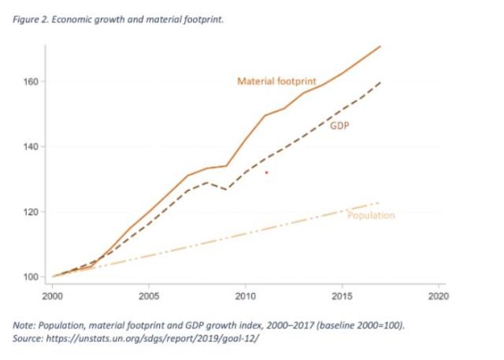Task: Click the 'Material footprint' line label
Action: coord(276,81)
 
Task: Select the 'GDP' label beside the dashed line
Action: coord(339,125)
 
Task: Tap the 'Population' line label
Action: coord(371,215)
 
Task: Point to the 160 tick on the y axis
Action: coord(31,82)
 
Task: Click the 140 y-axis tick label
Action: coord(31,147)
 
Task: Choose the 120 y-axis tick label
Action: coord(31,212)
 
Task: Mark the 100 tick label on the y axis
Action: coord(31,276)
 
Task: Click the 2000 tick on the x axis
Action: coord(53,295)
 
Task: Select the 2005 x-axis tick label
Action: coord(149,295)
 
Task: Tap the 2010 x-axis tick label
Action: coord(245,295)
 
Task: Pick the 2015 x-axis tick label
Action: coord(342,295)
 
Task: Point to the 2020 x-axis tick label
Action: coord(438,295)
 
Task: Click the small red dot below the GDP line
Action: coord(266,173)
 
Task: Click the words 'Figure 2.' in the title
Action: coord(31,20)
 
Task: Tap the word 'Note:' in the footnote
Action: coord(24,325)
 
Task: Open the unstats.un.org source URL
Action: coord(152,339)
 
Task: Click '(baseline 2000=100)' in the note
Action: coord(361,325)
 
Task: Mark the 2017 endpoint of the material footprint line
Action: coord(380,46)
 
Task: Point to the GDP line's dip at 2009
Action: coord(226,189)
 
